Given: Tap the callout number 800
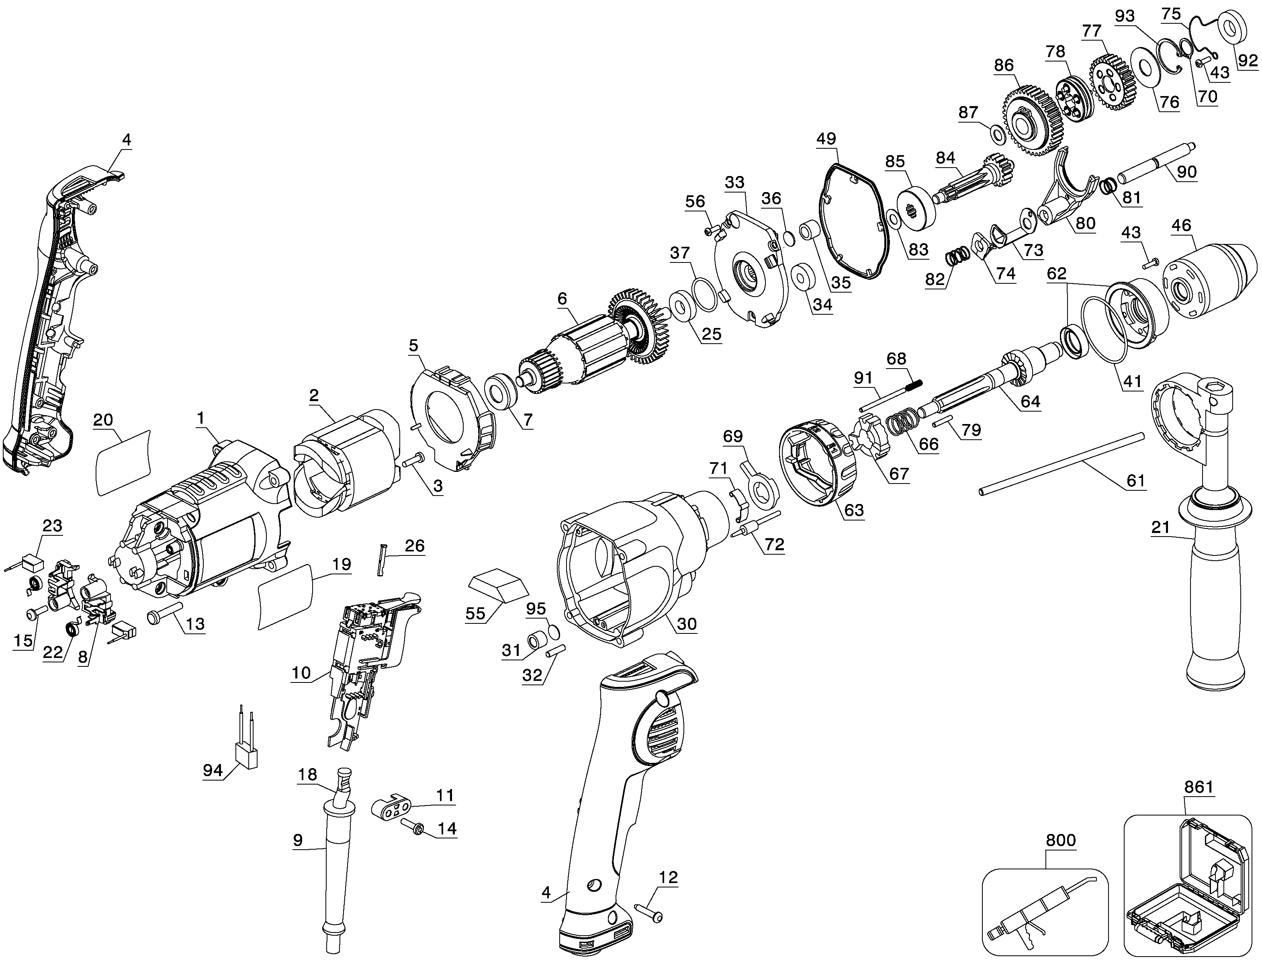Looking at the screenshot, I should pyautogui.click(x=1060, y=840).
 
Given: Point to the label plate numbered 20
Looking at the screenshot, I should pyautogui.click(x=123, y=462).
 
